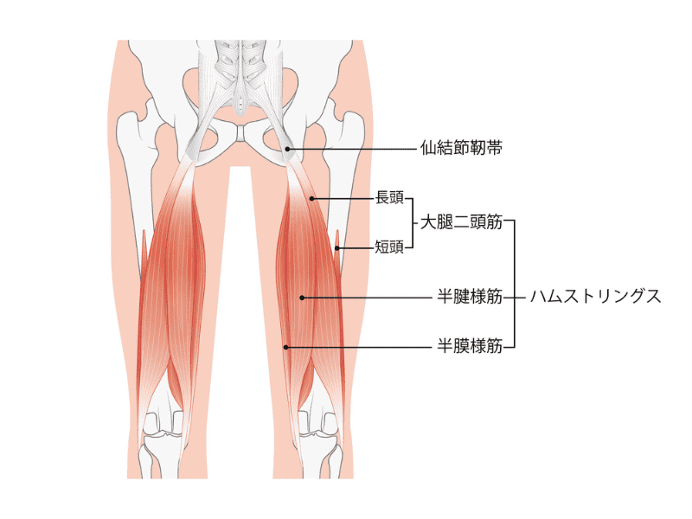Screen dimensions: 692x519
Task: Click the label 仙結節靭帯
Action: (x=461, y=148)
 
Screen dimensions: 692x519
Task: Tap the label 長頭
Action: (x=389, y=198)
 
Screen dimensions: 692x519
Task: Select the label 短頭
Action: (x=389, y=247)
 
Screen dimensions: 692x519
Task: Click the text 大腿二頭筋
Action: (x=461, y=222)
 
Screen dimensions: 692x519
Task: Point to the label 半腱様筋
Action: (x=470, y=297)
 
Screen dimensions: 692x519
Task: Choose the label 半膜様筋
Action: (x=470, y=346)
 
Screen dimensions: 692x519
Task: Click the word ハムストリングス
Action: (x=595, y=297)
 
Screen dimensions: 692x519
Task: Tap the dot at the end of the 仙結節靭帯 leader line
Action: (x=287, y=149)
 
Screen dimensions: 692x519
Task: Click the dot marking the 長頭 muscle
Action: (x=311, y=199)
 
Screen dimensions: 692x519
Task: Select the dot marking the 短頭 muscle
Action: (x=336, y=248)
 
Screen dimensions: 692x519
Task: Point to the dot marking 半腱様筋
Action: (x=302, y=298)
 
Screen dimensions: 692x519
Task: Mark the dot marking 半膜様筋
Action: (x=286, y=348)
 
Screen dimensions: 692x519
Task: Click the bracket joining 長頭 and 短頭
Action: (x=413, y=223)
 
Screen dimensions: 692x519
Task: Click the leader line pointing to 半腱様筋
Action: (x=367, y=298)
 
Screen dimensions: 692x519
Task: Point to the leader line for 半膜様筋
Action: (x=359, y=348)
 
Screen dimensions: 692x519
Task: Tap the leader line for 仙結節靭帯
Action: (x=352, y=149)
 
